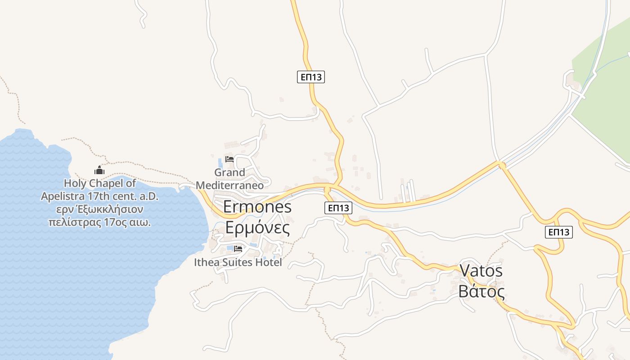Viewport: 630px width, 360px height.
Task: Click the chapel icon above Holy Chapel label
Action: pyautogui.click(x=99, y=170)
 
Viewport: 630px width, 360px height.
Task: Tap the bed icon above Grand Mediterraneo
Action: pyautogui.click(x=229, y=159)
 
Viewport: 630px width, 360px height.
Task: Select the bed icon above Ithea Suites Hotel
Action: pyautogui.click(x=238, y=248)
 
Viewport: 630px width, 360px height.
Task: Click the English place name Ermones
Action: pyautogui.click(x=257, y=207)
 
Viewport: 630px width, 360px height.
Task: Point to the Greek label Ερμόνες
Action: pyautogui.click(x=257, y=228)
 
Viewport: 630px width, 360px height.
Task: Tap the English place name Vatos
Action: pyautogui.click(x=481, y=271)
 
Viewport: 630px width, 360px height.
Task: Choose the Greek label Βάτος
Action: pyautogui.click(x=481, y=292)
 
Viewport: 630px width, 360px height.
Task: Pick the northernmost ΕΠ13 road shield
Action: pyautogui.click(x=311, y=77)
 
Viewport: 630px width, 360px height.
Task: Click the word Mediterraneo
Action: pyautogui.click(x=229, y=185)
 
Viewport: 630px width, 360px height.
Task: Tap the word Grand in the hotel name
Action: pyautogui.click(x=229, y=172)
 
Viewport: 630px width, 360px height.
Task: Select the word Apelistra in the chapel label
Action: pyautogui.click(x=59, y=197)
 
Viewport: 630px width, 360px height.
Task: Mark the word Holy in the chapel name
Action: pyautogui.click(x=74, y=184)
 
